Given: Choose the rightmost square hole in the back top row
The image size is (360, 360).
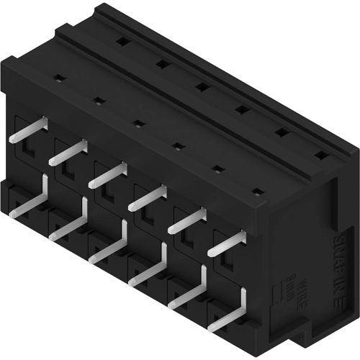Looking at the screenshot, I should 320,155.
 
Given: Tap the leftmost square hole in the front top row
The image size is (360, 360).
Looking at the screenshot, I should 60,78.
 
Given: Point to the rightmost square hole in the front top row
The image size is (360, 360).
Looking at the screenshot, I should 256,192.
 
